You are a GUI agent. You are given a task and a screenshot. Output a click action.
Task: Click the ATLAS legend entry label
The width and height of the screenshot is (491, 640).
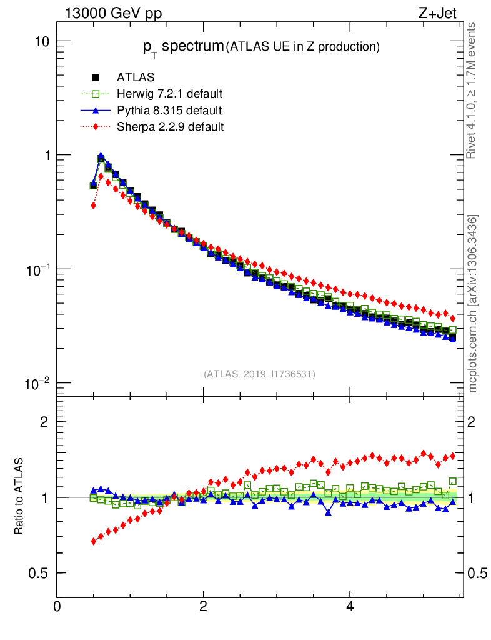coord(136,77)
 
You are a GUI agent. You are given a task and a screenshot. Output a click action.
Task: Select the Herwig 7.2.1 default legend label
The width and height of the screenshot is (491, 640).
coord(170,94)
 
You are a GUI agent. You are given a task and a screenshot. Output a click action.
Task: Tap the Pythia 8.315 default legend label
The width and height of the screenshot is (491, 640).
coord(169,111)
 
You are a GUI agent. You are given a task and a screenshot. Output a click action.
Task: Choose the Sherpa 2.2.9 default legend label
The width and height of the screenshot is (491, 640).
coord(170,127)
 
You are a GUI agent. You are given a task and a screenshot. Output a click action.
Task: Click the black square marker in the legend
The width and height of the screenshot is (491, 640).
coord(96,78)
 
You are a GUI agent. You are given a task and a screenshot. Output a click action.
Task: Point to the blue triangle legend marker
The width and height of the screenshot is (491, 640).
coord(96,111)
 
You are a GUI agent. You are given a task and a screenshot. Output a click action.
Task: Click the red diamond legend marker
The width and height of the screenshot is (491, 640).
coord(96,127)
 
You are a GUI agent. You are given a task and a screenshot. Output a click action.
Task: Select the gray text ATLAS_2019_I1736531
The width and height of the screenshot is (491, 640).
coord(259,374)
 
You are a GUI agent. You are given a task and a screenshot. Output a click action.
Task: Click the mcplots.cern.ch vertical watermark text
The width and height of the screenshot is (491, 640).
coord(474,304)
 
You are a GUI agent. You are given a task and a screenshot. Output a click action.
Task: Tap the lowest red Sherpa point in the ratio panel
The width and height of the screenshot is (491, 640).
coord(94,541)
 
